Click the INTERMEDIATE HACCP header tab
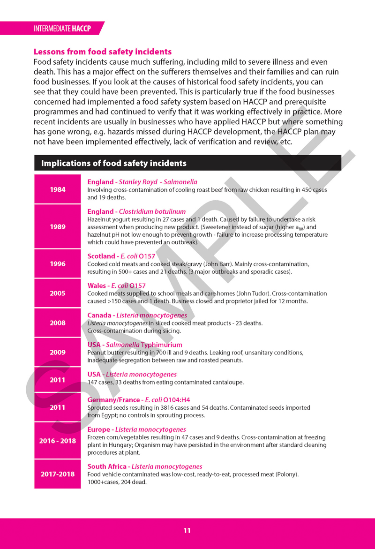62,29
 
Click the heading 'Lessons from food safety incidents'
103,52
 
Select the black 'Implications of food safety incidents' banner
187,163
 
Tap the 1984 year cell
58,189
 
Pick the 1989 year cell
58,226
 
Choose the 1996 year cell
58,263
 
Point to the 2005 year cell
58,293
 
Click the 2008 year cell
58,323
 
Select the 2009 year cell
58,352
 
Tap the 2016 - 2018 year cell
58,441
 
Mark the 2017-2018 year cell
58,474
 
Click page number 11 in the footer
187,531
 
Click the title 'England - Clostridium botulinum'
136,211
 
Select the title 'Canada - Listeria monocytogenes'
137,316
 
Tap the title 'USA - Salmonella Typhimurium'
135,345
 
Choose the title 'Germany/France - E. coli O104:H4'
139,400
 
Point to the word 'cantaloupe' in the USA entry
228,382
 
